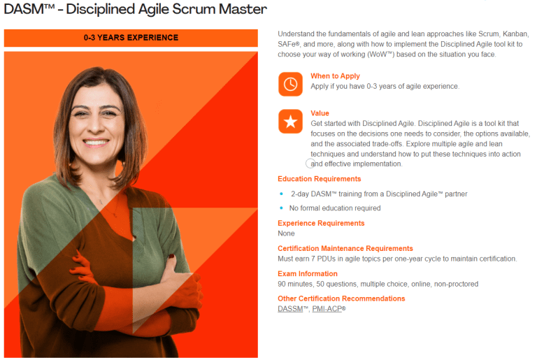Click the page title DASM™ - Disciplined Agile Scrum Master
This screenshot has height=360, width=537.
pyautogui.click(x=135, y=10)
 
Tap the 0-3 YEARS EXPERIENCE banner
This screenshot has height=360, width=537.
pyautogui.click(x=131, y=38)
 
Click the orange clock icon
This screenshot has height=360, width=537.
pyautogui.click(x=290, y=84)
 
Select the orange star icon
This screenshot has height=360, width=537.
pyautogui.click(x=290, y=122)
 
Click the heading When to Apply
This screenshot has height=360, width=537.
pyautogui.click(x=336, y=75)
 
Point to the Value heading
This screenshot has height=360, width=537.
pyautogui.click(x=320, y=113)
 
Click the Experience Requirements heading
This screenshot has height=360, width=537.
pyautogui.click(x=321, y=224)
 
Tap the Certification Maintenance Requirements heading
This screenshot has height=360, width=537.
pyautogui.click(x=345, y=248)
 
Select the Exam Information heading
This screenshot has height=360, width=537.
pyautogui.click(x=308, y=273)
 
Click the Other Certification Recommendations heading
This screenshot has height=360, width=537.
pyautogui.click(x=341, y=298)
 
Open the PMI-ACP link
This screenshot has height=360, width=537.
pyautogui.click(x=328, y=308)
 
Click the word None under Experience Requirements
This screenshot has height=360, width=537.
pyautogui.click(x=287, y=233)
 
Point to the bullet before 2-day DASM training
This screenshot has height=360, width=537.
pyautogui.click(x=281, y=194)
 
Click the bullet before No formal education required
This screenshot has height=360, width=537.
pyautogui.click(x=281, y=208)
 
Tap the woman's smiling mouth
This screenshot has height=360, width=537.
pyautogui.click(x=94, y=140)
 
